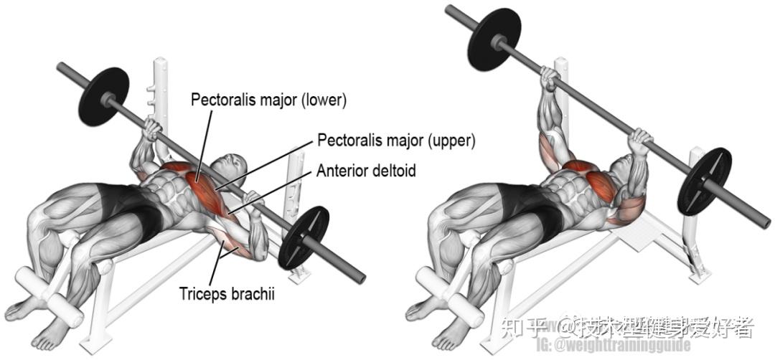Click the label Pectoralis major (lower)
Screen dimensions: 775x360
[268, 100]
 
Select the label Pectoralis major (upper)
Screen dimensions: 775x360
[397, 140]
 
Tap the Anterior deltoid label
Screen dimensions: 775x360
[366, 171]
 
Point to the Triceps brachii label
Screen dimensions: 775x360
[226, 293]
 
